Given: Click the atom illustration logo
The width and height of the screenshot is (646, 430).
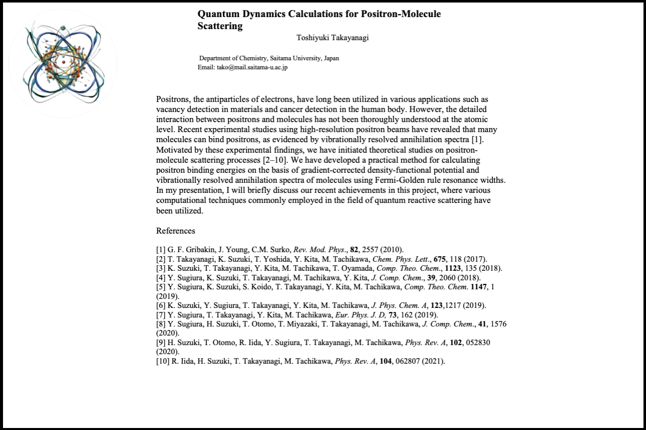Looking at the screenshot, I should point(63,64).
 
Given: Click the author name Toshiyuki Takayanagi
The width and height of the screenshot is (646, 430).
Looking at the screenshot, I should point(333,38).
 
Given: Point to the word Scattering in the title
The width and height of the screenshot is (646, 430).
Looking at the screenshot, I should point(220,26).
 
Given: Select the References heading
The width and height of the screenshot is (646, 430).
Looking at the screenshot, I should point(175,231).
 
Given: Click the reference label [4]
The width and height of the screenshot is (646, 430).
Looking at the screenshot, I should point(161,277).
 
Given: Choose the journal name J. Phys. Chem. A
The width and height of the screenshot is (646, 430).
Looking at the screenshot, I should point(396,305).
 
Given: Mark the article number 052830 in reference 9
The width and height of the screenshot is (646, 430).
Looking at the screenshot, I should point(478,343).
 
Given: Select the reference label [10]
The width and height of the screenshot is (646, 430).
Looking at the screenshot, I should point(162,361).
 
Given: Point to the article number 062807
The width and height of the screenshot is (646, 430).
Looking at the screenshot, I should point(408,361).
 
